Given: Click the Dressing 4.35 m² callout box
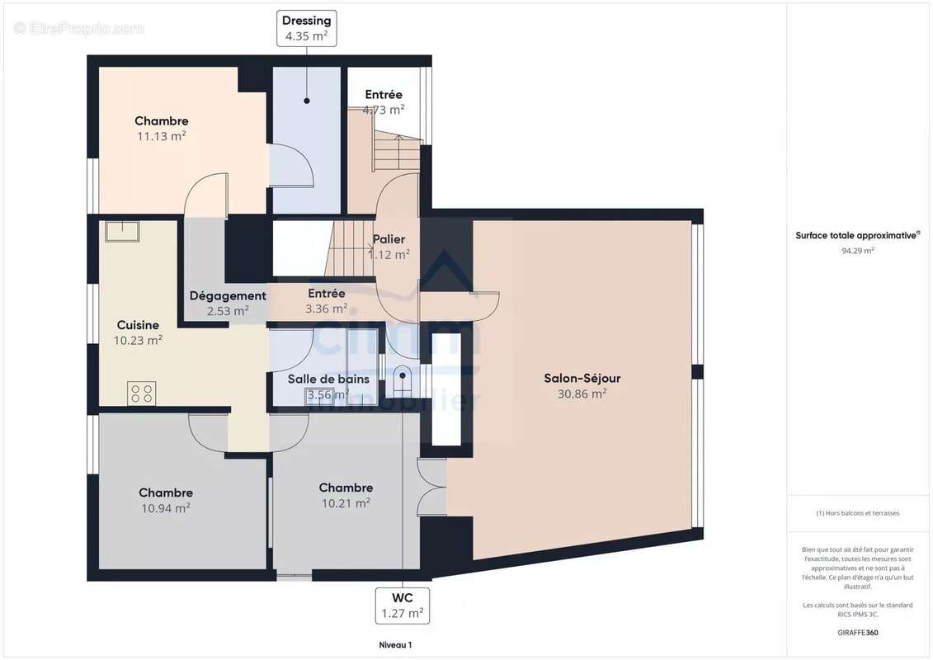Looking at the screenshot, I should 306,28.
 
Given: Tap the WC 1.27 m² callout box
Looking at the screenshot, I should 402,606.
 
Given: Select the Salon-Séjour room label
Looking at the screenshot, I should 582,379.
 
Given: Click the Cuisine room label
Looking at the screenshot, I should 138,325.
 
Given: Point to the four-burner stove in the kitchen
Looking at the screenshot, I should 141,393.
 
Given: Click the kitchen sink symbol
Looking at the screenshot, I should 122,230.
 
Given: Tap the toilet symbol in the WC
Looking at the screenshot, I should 402,380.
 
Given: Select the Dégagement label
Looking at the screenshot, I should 228,295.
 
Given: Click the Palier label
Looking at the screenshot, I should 389,239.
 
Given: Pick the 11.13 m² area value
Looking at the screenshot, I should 161,137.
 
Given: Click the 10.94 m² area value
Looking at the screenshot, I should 166,508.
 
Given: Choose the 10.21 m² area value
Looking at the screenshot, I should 346,503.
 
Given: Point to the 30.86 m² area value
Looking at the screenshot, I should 582,394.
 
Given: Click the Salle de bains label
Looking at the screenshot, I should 328,379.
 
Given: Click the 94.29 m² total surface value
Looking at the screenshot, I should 857,251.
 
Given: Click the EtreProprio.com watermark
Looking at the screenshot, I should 78,28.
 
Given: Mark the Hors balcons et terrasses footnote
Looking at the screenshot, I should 857,513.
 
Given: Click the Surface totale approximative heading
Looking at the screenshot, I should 857,235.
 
